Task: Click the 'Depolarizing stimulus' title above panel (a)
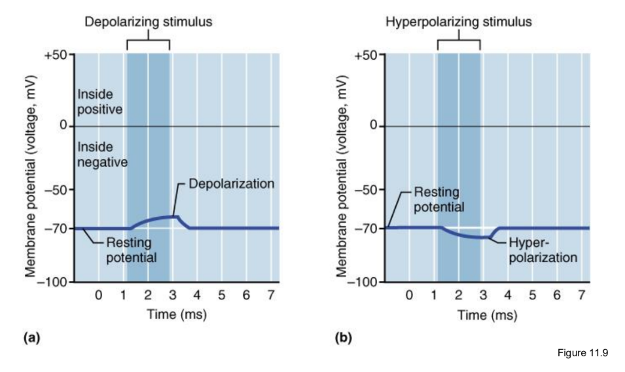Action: tap(147, 22)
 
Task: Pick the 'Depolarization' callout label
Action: tap(231, 184)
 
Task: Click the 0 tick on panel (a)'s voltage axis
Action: tap(65, 125)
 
